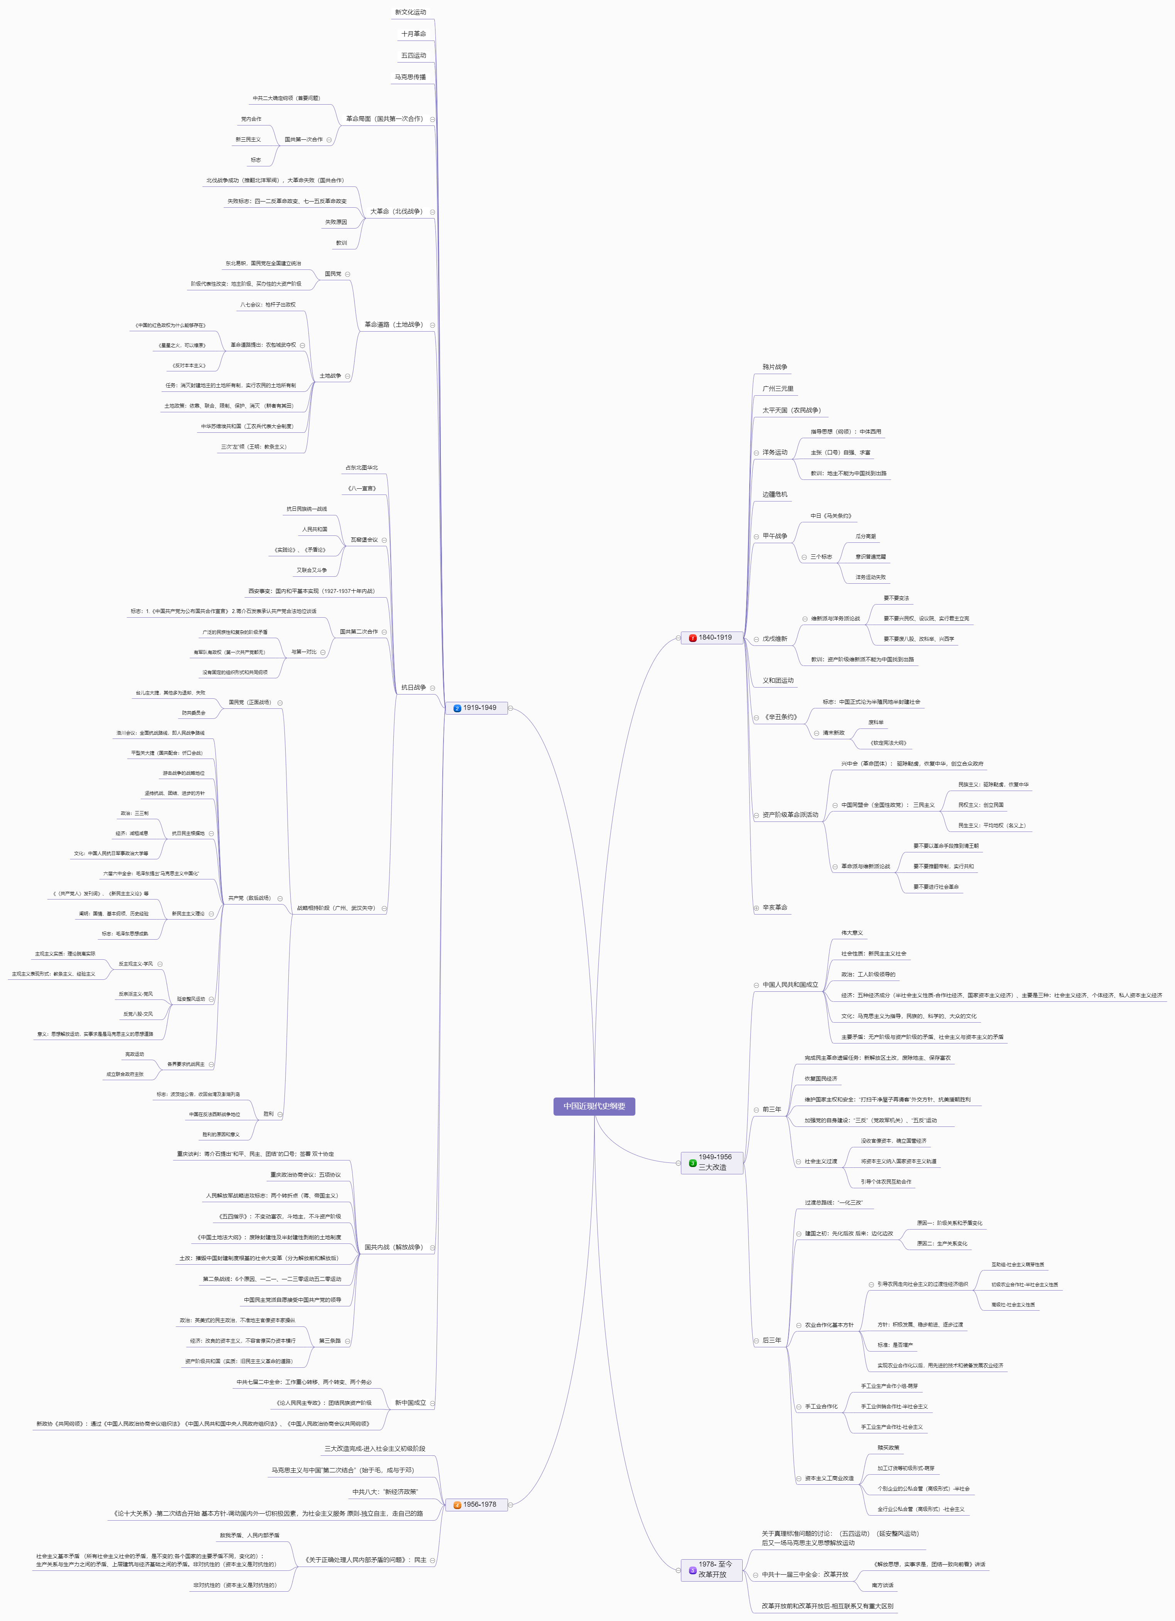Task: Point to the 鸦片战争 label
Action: (x=775, y=367)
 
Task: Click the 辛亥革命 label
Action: (x=775, y=908)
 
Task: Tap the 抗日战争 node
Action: (x=413, y=688)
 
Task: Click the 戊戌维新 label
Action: (x=775, y=639)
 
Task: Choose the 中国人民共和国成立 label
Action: (x=790, y=985)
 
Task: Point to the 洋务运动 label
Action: (x=775, y=452)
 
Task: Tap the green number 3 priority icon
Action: (x=692, y=1163)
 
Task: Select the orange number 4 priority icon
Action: (x=457, y=1505)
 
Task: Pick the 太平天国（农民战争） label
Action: (x=791, y=410)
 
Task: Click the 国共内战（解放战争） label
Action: (x=394, y=1247)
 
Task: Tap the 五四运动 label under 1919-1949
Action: (x=413, y=56)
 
